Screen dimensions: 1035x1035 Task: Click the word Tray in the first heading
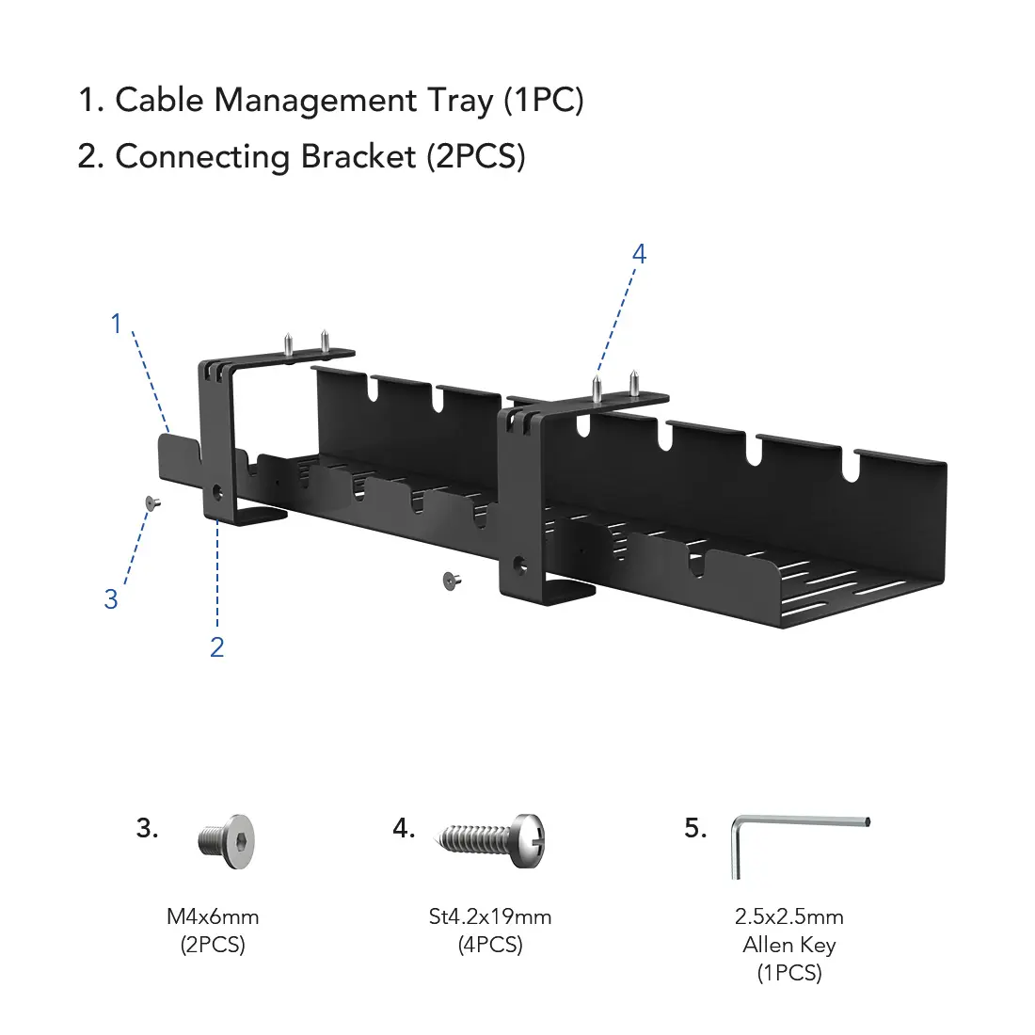[459, 101]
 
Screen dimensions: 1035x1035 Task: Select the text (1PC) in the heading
[544, 101]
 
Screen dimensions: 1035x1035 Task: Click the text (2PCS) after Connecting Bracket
[475, 157]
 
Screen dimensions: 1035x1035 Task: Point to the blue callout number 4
[639, 254]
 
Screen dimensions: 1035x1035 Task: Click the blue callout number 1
[117, 324]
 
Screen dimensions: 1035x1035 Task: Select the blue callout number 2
[216, 647]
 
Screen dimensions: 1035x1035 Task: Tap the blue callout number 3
[111, 598]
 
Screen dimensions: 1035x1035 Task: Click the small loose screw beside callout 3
[152, 504]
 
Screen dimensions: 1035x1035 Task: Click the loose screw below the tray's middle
[452, 581]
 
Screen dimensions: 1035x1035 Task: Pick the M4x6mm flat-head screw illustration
[227, 839]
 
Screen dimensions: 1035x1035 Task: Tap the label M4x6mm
[213, 916]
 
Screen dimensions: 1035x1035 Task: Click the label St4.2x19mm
[490, 916]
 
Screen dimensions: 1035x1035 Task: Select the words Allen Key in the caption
[789, 945]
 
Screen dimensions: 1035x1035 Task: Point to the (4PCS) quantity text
[490, 945]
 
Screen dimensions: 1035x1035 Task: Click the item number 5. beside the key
[695, 828]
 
